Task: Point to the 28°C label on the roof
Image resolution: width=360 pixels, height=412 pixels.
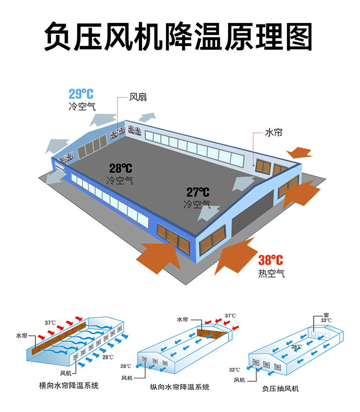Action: [120, 169]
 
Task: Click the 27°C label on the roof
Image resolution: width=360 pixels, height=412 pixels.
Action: [198, 193]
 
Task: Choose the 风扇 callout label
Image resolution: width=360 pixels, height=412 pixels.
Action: [137, 97]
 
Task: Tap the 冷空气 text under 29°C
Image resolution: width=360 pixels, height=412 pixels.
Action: [82, 106]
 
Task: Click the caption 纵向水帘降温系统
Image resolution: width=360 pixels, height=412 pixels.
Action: [180, 387]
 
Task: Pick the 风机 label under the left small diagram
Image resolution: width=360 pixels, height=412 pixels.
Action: [66, 373]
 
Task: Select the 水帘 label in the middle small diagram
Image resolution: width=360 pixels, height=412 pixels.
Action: [182, 319]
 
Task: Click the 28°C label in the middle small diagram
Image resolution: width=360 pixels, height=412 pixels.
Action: [126, 366]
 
